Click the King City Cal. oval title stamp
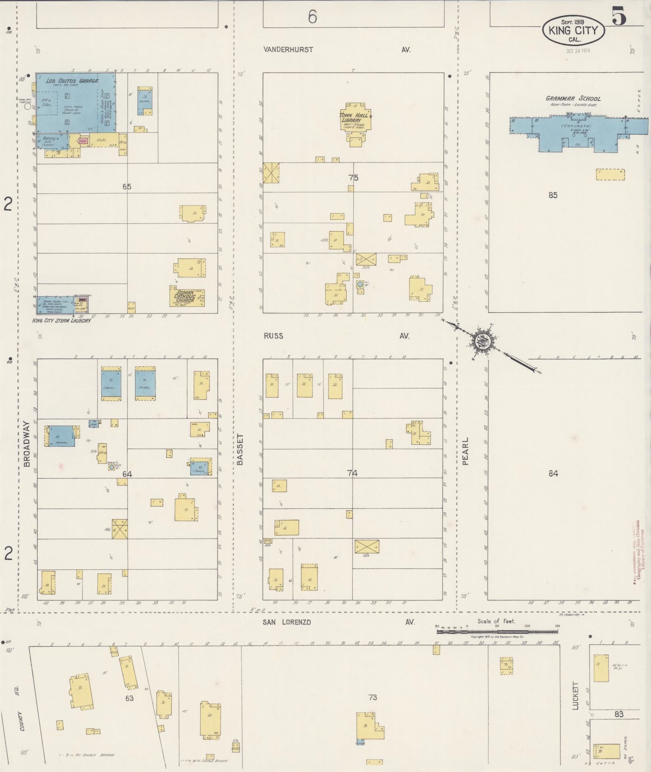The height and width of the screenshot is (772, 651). click(574, 30)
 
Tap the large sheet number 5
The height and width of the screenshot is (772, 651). click(619, 16)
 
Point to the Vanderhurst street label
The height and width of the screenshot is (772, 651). click(288, 50)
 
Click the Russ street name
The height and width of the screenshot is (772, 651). click(273, 336)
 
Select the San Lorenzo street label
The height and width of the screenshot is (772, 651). click(287, 622)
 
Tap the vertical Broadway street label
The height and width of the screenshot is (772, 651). click(27, 444)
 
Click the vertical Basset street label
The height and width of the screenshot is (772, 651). click(241, 450)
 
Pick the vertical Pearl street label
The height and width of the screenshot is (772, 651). click(465, 451)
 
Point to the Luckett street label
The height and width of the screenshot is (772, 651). click(575, 696)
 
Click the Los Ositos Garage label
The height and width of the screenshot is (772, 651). click(72, 81)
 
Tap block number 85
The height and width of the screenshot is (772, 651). click(553, 195)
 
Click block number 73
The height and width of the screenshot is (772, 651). click(372, 697)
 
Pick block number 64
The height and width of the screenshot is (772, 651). click(127, 474)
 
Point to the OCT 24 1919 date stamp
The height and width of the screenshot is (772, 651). click(578, 51)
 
